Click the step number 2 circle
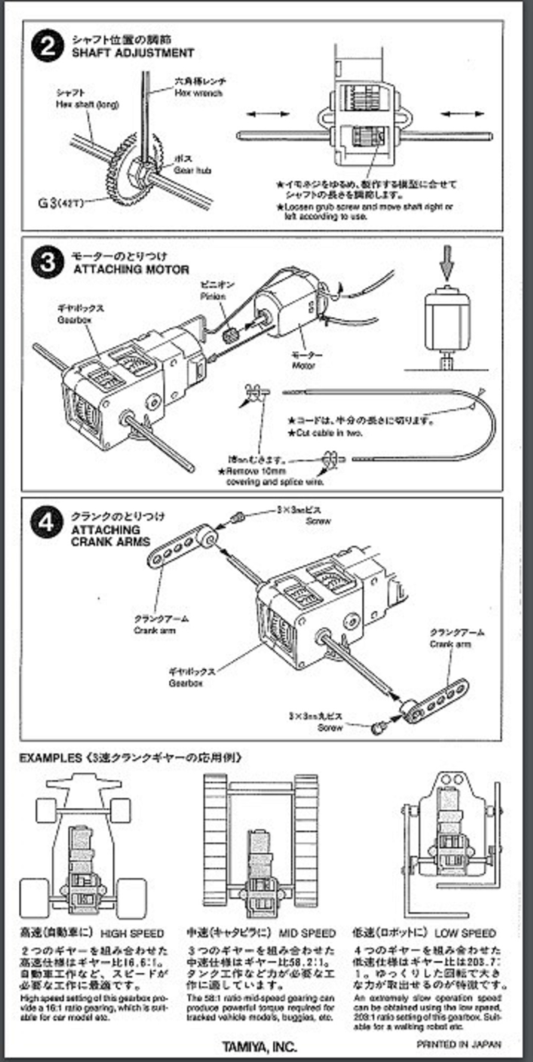click(47, 47)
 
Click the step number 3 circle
click(47, 262)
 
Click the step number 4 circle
click(47, 522)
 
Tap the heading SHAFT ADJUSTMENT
click(133, 53)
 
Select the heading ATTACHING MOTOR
click(131, 269)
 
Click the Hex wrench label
click(198, 93)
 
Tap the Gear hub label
click(192, 171)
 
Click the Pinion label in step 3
click(213, 296)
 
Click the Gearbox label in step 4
click(185, 683)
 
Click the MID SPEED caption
click(307, 934)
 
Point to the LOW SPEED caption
click(465, 934)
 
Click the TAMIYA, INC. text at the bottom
click(259, 1046)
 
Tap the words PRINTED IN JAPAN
click(459, 1044)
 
